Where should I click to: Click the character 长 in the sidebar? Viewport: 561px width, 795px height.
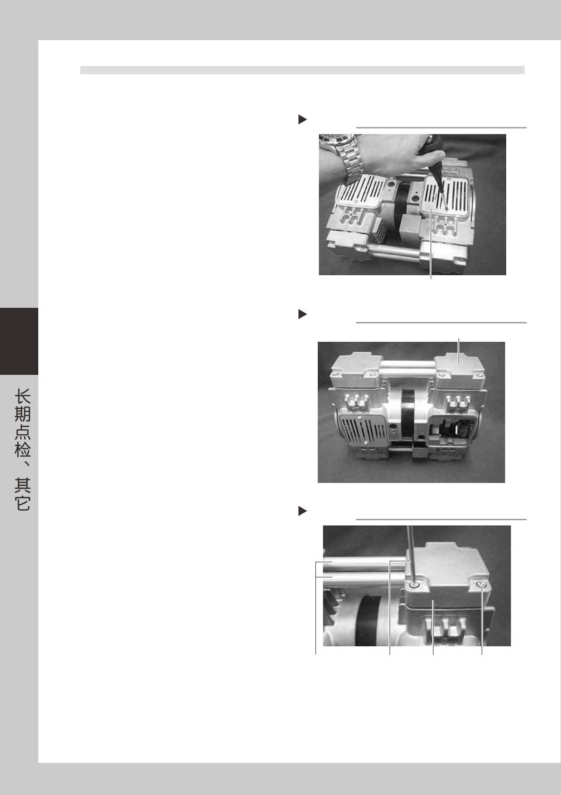[22, 397]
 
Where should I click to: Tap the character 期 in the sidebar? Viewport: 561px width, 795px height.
[22, 414]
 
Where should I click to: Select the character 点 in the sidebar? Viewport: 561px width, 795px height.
[22, 431]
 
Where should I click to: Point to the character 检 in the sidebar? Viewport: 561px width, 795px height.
[22, 449]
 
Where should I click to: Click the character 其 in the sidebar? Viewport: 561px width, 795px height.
[22, 485]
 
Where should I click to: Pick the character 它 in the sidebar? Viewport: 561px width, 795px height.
[22, 503]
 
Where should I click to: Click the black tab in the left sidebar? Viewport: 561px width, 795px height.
[19, 341]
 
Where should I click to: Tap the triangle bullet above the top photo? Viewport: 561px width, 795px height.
[302, 119]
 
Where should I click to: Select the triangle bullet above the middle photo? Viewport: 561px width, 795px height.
[302, 314]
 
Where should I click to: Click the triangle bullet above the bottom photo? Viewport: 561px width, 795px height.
[302, 511]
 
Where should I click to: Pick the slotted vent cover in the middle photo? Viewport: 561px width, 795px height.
[363, 430]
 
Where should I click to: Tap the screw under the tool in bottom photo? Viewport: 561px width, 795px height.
[413, 584]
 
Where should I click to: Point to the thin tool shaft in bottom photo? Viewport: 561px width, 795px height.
[410, 554]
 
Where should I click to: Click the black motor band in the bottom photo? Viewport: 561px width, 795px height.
[369, 620]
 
